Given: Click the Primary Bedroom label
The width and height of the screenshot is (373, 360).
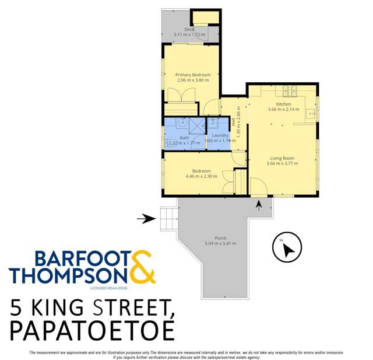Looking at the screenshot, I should [x=193, y=75].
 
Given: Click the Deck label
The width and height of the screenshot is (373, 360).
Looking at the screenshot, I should [x=189, y=29].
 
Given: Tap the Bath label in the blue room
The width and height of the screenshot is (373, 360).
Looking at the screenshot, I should [x=184, y=138].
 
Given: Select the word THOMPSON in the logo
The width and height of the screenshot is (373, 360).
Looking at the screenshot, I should [x=66, y=275].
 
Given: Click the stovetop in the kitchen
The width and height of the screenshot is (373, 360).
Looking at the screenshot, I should [x=290, y=90].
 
